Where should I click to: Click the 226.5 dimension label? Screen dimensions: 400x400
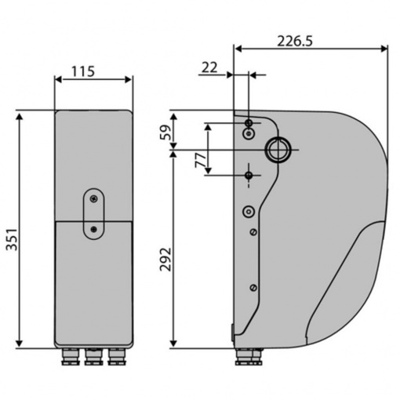[295, 41]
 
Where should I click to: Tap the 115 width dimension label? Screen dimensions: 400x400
[83, 71]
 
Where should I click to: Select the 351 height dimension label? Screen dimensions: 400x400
[12, 240]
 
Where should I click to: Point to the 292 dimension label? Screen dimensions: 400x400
[165, 260]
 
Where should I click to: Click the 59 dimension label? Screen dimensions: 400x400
[165, 133]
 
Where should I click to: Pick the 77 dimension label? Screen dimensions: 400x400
[201, 160]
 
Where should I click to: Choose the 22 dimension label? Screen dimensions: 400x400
[209, 68]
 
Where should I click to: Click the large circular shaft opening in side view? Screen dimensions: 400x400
[278, 150]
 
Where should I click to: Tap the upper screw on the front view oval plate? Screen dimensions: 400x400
[93, 199]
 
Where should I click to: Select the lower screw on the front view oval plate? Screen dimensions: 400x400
[93, 230]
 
